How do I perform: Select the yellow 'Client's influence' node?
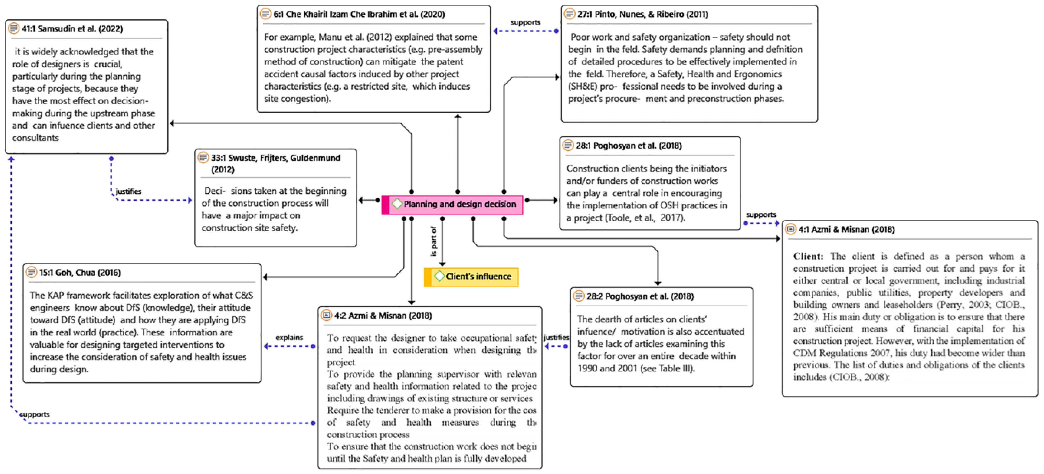pyautogui.click(x=478, y=277)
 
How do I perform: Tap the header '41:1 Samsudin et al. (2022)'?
pyautogui.click(x=72, y=29)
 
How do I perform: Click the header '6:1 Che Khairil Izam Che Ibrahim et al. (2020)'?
pyautogui.click(x=359, y=14)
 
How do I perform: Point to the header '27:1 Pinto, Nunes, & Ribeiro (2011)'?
pyautogui.click(x=642, y=14)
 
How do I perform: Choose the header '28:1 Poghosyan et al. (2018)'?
pyautogui.click(x=628, y=146)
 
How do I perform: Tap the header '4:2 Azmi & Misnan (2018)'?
pyautogui.click(x=383, y=316)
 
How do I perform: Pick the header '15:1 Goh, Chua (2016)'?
pyautogui.click(x=80, y=273)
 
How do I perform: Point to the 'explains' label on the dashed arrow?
pyautogui.click(x=289, y=337)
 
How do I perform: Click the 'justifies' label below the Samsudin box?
pyautogui.click(x=129, y=192)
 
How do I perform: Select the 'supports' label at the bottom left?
pyautogui.click(x=35, y=414)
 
